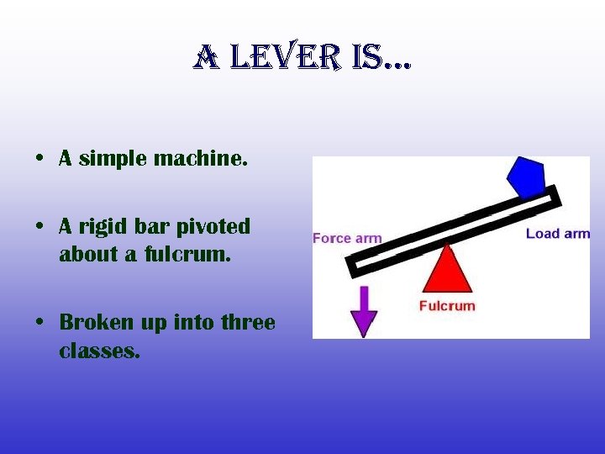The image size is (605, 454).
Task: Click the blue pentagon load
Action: [525, 177]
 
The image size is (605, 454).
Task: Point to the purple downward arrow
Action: [364, 310]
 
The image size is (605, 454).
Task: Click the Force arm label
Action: [346, 238]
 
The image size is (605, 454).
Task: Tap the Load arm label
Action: [557, 233]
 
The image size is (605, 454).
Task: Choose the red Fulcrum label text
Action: [446, 305]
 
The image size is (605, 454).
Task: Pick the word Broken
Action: [95, 322]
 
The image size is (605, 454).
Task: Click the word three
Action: [248, 322]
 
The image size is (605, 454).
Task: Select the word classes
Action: [98, 350]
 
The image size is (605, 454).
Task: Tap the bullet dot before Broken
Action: [39, 323]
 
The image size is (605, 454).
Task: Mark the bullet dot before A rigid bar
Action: [39, 228]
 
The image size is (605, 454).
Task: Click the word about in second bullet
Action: [88, 254]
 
